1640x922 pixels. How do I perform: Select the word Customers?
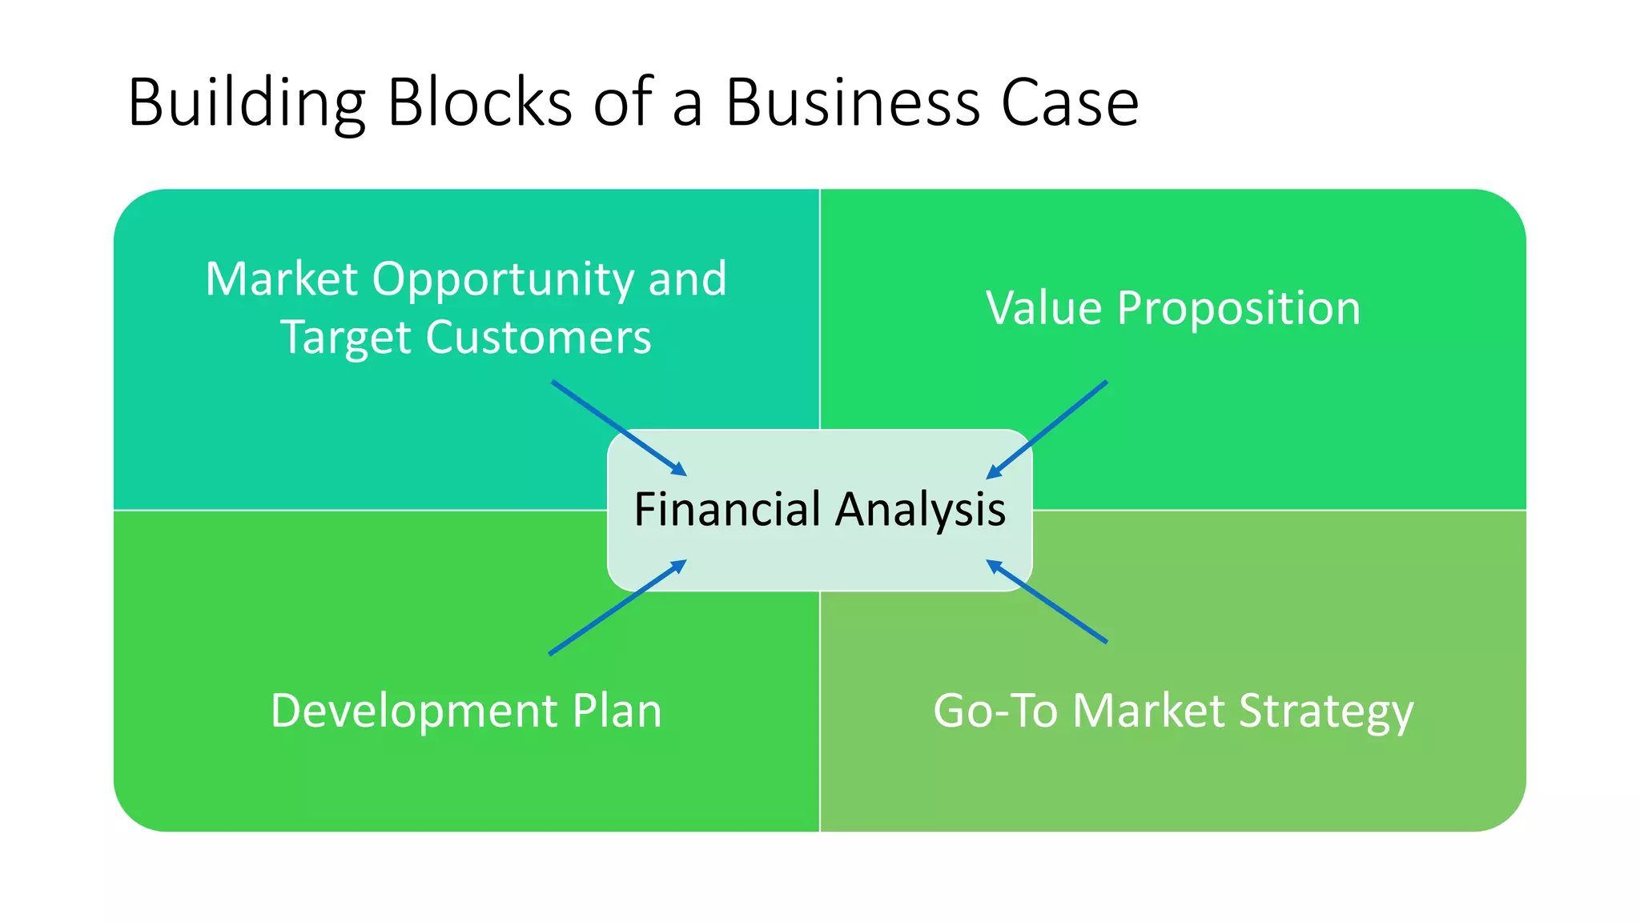[x=538, y=337]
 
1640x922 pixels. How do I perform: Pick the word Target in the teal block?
[x=346, y=337]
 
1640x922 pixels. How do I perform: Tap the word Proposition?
[x=1238, y=308]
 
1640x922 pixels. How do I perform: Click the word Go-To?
[x=995, y=711]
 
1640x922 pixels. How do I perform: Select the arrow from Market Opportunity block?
[x=618, y=428]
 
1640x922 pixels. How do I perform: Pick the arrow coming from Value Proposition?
[x=1047, y=430]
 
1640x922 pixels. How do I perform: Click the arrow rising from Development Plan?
[x=617, y=607]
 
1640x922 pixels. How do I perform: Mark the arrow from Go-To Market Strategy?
[x=1047, y=601]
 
